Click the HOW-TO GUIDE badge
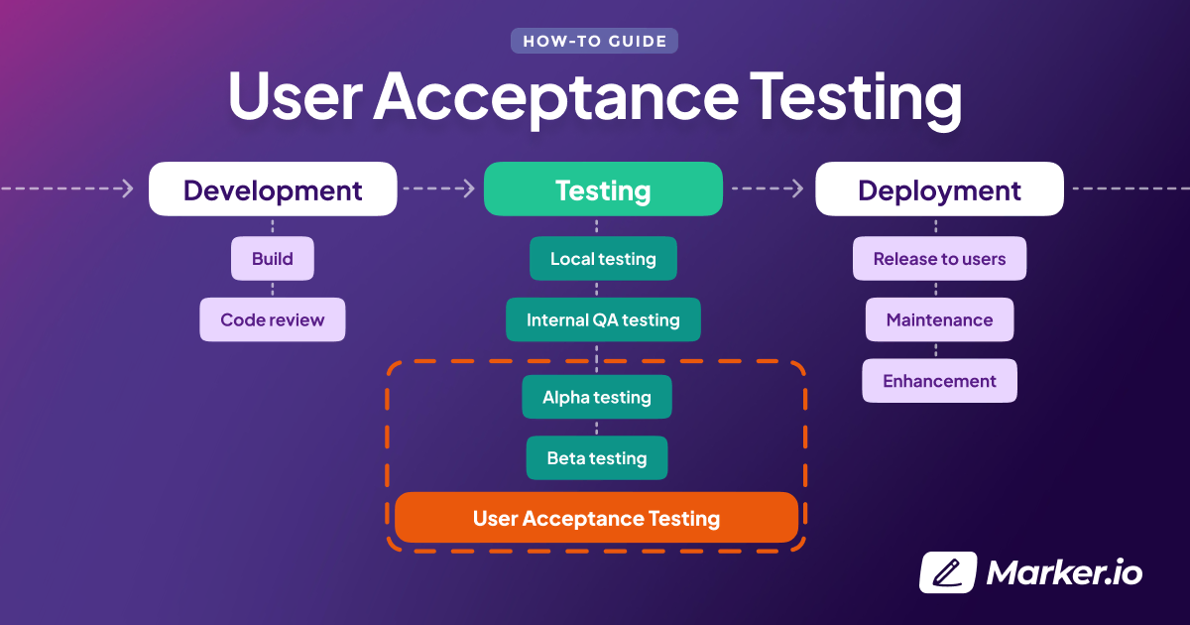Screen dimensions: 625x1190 (x=595, y=41)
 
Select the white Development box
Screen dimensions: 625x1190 (x=273, y=189)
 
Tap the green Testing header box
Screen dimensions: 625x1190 (x=603, y=189)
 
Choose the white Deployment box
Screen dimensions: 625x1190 (x=939, y=189)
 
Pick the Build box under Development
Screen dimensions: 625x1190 (x=273, y=259)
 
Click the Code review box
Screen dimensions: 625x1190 (x=273, y=319)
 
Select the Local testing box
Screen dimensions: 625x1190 (x=603, y=259)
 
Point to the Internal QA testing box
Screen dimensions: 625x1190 (x=603, y=319)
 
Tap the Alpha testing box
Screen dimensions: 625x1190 (x=597, y=397)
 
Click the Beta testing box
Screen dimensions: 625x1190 (x=597, y=458)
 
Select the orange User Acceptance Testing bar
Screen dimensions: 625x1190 (x=596, y=518)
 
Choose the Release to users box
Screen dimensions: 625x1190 (x=939, y=259)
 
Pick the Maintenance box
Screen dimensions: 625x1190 (x=939, y=319)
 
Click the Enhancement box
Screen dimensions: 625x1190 (x=939, y=381)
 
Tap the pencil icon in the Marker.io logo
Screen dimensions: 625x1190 (x=948, y=572)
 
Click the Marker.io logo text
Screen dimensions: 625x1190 (x=1064, y=572)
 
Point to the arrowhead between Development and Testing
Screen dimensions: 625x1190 (x=469, y=188)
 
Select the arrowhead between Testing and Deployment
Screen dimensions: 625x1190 (x=799, y=188)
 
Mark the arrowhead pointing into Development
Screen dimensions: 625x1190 (x=128, y=188)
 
